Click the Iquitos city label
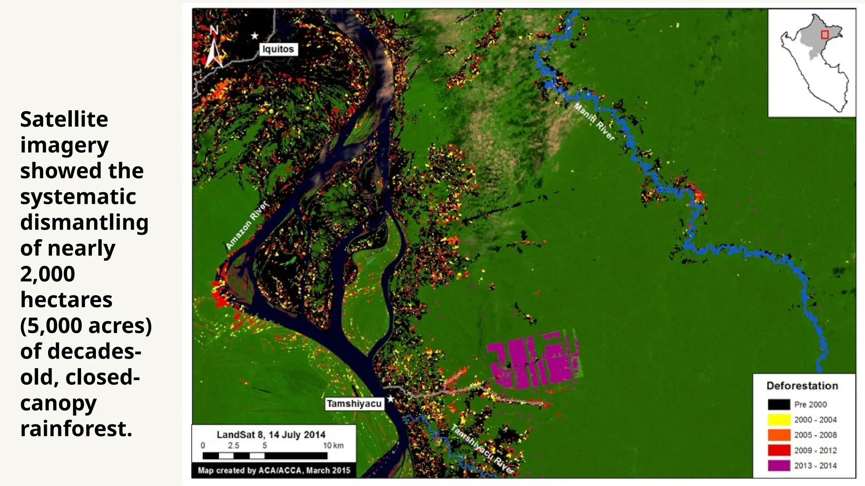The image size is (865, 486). coord(278,49)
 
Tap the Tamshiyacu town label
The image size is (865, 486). coord(354,404)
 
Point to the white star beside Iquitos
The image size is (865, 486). coord(255,36)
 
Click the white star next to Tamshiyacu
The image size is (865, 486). coord(391,399)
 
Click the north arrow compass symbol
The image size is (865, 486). coord(214,47)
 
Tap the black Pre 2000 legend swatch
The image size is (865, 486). coord(779,405)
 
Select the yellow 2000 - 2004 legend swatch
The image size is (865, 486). coord(779,420)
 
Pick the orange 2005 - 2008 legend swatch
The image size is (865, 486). coord(779,435)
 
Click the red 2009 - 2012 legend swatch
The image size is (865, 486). coord(779,450)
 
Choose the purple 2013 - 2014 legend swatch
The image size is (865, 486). coord(779,465)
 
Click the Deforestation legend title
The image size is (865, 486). coord(802,386)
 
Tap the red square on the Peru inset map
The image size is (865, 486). coord(824,35)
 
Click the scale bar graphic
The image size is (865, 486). coord(265,456)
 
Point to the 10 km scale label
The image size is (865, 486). coord(333,445)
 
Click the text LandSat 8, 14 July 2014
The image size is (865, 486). coord(271,435)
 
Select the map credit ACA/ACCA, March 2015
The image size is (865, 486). coord(274,470)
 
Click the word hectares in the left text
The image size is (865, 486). coord(66,300)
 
